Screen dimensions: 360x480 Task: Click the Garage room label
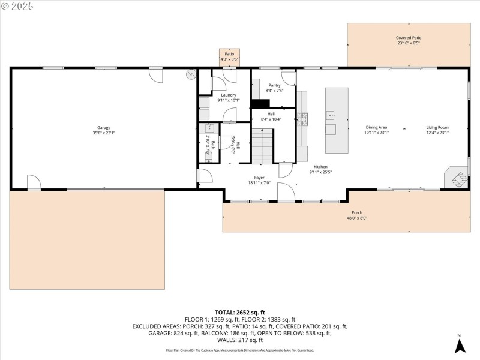tap(104, 127)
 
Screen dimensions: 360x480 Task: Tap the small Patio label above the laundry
tap(229, 54)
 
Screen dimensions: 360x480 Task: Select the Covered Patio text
tap(408, 37)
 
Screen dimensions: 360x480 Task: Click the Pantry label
tap(274, 85)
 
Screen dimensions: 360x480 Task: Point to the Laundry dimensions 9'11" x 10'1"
tap(228, 100)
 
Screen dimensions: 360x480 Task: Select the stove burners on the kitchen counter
tap(305, 118)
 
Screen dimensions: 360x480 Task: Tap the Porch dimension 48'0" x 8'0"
tap(356, 218)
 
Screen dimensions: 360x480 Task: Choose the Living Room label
tap(437, 127)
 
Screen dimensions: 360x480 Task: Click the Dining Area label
tap(376, 127)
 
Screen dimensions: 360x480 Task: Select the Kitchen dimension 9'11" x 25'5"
tap(320, 172)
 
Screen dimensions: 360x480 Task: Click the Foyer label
tap(259, 178)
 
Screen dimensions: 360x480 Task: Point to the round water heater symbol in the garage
tap(191, 75)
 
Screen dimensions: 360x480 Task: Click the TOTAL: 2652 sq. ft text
tap(240, 313)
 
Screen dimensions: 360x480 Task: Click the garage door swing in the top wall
tap(155, 76)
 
